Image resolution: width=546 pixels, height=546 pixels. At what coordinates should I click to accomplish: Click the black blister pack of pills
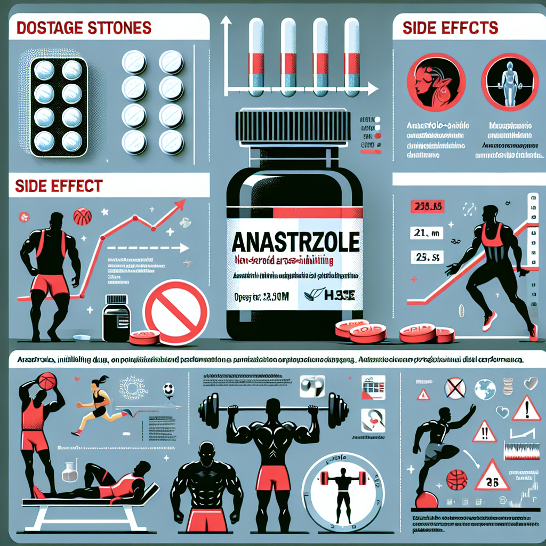[58, 107]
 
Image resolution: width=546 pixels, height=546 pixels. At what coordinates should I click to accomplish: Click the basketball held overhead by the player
[46, 380]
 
